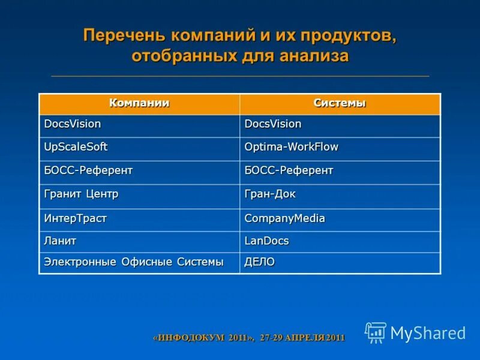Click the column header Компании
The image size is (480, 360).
pyautogui.click(x=139, y=103)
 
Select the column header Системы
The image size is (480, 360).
pyautogui.click(x=340, y=103)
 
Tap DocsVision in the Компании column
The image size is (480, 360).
pyautogui.click(x=73, y=124)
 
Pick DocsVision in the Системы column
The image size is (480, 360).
pyautogui.click(x=273, y=124)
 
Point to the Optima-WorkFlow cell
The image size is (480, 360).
pyautogui.click(x=291, y=147)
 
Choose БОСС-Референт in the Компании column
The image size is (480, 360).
pyautogui.click(x=88, y=170)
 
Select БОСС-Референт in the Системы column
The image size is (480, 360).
pyautogui.click(x=289, y=170)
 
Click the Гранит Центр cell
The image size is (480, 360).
pyautogui.click(x=82, y=194)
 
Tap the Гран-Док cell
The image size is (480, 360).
pyautogui.click(x=270, y=194)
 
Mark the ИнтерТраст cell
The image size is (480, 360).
pyautogui.click(x=76, y=218)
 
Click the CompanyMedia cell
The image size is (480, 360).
pyautogui.click(x=284, y=218)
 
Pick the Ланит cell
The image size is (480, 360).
pyautogui.click(x=60, y=241)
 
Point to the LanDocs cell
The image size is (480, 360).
pyautogui.click(x=266, y=241)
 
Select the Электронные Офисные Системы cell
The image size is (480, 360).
pyautogui.click(x=134, y=262)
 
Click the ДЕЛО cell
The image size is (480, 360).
pyautogui.click(x=260, y=262)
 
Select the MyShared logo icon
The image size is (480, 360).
pyautogui.click(x=376, y=332)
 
